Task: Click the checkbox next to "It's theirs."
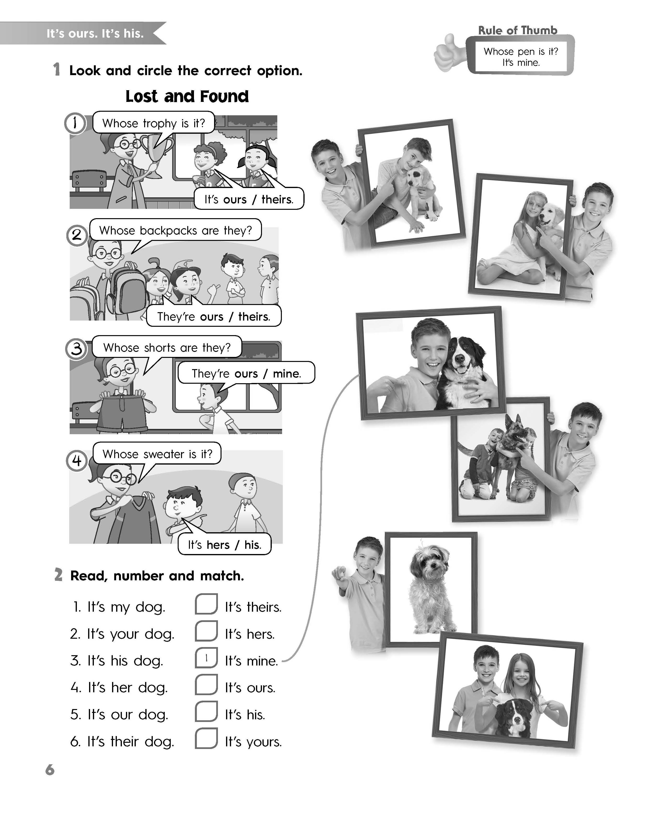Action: click(206, 604)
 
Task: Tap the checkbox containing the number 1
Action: click(206, 658)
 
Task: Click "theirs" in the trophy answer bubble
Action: click(277, 199)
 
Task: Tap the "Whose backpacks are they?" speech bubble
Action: click(176, 230)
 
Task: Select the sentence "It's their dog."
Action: click(122, 741)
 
